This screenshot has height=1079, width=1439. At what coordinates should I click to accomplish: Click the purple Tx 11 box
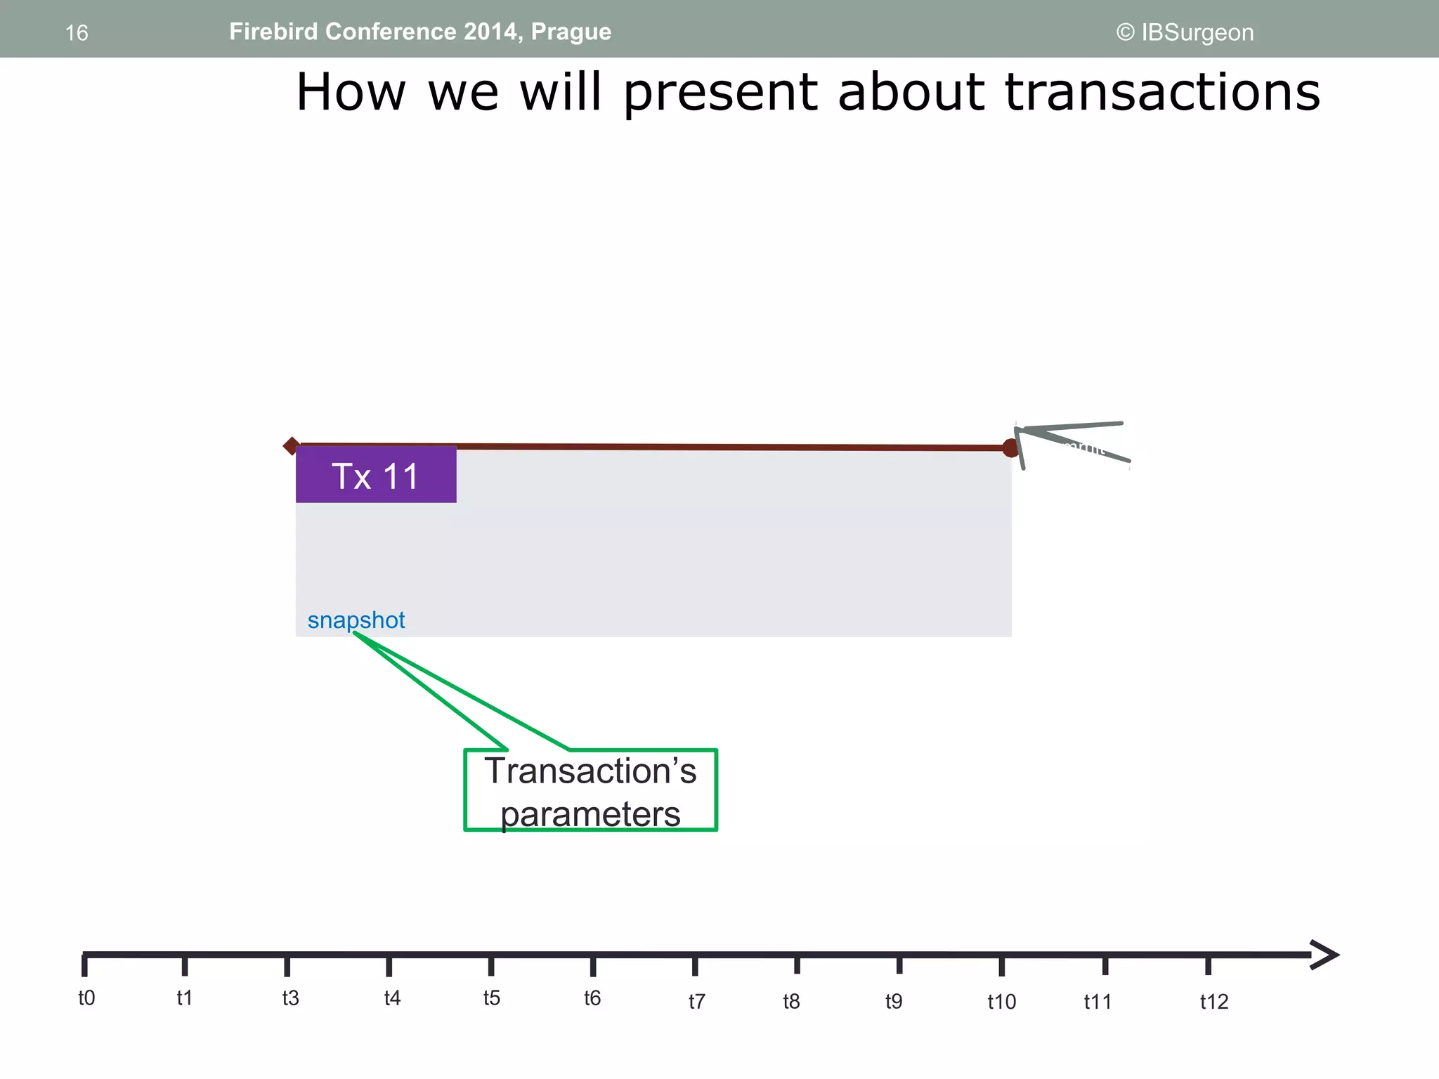pyautogui.click(x=376, y=475)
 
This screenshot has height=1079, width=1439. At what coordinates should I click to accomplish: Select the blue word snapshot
pyautogui.click(x=356, y=620)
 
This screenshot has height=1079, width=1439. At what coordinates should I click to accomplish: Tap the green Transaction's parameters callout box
pyautogui.click(x=590, y=791)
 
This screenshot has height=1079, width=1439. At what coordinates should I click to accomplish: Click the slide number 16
pyautogui.click(x=77, y=33)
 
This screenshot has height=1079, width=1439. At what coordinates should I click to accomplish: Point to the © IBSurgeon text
pyautogui.click(x=1185, y=32)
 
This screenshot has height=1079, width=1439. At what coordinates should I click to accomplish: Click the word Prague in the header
pyautogui.click(x=571, y=32)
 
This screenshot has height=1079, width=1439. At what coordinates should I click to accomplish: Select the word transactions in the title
pyautogui.click(x=1163, y=92)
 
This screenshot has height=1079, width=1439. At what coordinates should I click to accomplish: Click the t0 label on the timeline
pyautogui.click(x=86, y=998)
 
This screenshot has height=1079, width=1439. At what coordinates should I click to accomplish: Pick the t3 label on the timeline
pyautogui.click(x=290, y=998)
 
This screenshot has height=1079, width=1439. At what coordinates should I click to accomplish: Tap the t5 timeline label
pyautogui.click(x=491, y=998)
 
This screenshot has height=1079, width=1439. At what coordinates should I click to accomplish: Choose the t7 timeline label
pyautogui.click(x=696, y=1001)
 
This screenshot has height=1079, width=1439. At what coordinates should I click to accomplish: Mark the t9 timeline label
pyautogui.click(x=893, y=1001)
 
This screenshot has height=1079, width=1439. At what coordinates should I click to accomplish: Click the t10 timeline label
pyautogui.click(x=1001, y=1002)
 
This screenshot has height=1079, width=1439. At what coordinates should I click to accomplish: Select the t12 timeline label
pyautogui.click(x=1213, y=1002)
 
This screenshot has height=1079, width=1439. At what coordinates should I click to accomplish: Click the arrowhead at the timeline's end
pyautogui.click(x=1325, y=955)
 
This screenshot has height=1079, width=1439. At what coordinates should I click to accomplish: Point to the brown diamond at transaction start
pyautogui.click(x=291, y=445)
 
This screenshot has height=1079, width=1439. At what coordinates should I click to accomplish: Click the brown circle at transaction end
pyautogui.click(x=1010, y=447)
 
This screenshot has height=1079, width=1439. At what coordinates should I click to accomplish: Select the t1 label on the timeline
pyautogui.click(x=184, y=998)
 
